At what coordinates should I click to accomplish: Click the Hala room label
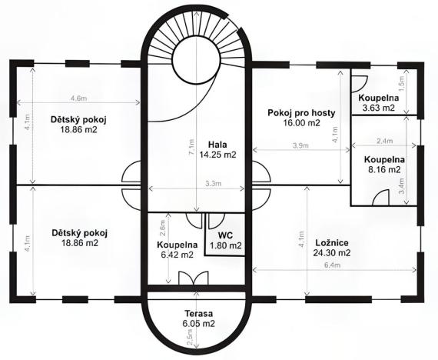pos(216,144)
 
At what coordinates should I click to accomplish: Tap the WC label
pos(225,235)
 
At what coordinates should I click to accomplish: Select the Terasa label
pos(198,314)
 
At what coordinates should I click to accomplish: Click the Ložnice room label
pos(332,242)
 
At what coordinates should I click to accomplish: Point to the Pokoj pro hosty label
pos(301,112)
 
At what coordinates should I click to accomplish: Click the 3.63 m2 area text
pos(378,108)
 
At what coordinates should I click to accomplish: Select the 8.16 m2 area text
pos(383,169)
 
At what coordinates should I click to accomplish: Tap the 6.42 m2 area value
pos(177,255)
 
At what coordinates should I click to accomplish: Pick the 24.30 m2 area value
pos(332,252)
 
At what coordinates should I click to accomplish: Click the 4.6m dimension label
pos(77,98)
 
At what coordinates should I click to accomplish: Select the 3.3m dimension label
pos(214,183)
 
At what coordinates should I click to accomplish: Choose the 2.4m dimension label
pos(385,141)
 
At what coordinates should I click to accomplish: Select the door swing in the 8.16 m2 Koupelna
pos(378,198)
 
